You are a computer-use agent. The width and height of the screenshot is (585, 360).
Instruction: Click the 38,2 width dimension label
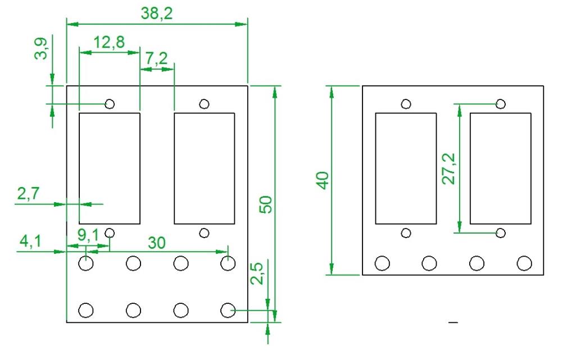pyautogui.click(x=157, y=14)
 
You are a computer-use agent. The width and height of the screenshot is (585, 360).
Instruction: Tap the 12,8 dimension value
pyautogui.click(x=109, y=43)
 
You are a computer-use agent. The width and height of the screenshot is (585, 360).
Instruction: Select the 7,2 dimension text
pyautogui.click(x=156, y=58)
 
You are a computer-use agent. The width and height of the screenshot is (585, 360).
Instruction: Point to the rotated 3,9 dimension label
pyautogui.click(x=41, y=48)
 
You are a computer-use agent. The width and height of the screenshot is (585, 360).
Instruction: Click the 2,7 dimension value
pyautogui.click(x=28, y=193)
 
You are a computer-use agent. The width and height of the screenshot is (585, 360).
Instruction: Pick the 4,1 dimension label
pyautogui.click(x=30, y=241)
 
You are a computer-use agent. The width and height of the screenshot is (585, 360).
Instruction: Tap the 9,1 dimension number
pyautogui.click(x=88, y=235)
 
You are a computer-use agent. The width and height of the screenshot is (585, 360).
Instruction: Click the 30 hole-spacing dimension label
pyautogui.click(x=157, y=243)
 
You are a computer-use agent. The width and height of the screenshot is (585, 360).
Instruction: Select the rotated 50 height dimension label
pyautogui.click(x=266, y=204)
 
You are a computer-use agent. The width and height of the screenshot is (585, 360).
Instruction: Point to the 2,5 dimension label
pyautogui.click(x=257, y=274)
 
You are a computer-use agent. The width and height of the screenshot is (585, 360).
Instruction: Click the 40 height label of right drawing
pyautogui.click(x=323, y=180)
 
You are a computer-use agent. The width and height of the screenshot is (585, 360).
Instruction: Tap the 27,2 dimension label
pyautogui.click(x=449, y=169)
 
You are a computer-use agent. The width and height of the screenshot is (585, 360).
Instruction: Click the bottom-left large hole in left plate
pyautogui.click(x=86, y=310)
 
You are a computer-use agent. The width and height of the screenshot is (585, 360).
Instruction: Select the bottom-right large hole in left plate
pyautogui.click(x=228, y=310)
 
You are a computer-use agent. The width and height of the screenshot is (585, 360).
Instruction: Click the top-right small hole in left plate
pyautogui.click(x=204, y=103)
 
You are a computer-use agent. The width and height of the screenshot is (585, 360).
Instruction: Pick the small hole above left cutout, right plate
pyautogui.click(x=406, y=103)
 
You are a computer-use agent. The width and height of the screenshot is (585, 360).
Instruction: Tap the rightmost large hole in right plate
pyautogui.click(x=524, y=263)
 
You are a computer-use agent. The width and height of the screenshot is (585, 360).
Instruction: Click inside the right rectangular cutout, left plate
pyautogui.click(x=205, y=168)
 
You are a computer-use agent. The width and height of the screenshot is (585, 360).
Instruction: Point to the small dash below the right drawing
pyautogui.click(x=454, y=322)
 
